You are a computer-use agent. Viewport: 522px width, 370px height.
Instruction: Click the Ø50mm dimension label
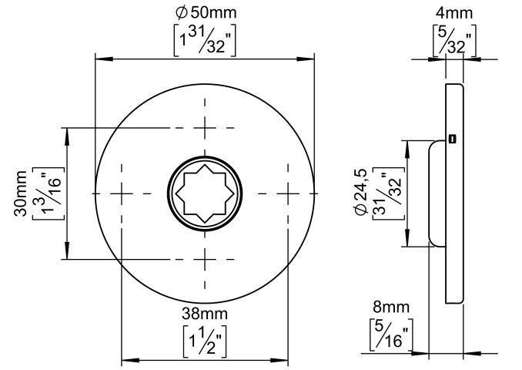(206, 12)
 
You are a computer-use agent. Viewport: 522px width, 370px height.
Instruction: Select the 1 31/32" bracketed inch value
(205, 40)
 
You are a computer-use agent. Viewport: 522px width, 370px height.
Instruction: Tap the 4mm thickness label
(454, 13)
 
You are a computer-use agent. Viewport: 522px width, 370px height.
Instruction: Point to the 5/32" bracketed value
(454, 40)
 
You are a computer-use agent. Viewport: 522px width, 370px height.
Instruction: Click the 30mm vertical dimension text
(21, 193)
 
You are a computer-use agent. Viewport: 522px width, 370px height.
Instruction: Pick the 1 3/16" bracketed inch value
(48, 193)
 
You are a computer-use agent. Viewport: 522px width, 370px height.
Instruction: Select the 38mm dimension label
(205, 314)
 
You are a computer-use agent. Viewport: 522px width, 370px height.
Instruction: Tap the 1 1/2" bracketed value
(205, 341)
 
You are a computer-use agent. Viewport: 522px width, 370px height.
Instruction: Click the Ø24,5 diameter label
(361, 193)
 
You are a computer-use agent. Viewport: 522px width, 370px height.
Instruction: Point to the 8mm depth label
(391, 307)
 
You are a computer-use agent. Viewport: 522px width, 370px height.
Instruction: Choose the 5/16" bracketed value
(391, 334)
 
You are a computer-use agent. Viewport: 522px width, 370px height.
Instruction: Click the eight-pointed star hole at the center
(205, 193)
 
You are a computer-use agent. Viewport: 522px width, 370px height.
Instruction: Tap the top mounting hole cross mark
(205, 128)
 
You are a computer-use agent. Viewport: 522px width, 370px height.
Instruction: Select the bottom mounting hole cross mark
(205, 259)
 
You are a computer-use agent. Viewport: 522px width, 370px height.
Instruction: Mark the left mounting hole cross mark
(122, 193)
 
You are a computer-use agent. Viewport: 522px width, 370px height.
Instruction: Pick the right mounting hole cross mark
(288, 193)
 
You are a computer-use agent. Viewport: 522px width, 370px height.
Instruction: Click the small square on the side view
(452, 139)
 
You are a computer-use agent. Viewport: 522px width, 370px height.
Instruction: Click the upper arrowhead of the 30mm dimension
(67, 136)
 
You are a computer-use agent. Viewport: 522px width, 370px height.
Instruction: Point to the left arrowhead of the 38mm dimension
(130, 360)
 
